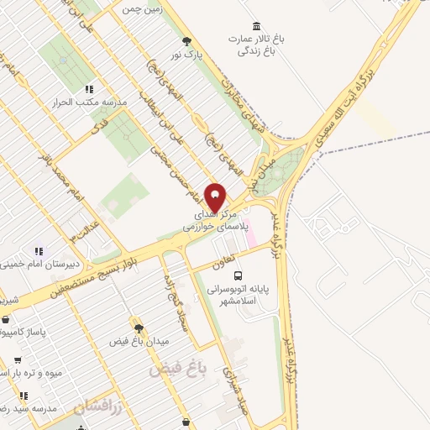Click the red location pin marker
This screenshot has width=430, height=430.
(x=215, y=198)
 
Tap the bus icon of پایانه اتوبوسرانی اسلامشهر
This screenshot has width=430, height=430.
(x=239, y=275)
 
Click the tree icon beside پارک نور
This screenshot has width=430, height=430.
(x=186, y=39)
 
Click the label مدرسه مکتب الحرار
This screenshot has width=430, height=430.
(x=92, y=102)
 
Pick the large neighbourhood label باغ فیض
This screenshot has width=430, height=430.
(x=179, y=367)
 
